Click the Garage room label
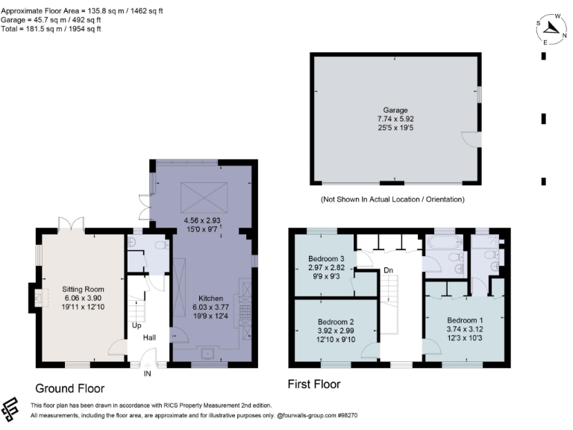395,110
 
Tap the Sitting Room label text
83,289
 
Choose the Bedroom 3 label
326,261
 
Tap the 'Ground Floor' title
70,388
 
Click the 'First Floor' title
314,384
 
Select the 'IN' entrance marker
148,373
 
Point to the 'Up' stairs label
137,326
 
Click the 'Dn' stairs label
388,270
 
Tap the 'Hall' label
150,338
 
